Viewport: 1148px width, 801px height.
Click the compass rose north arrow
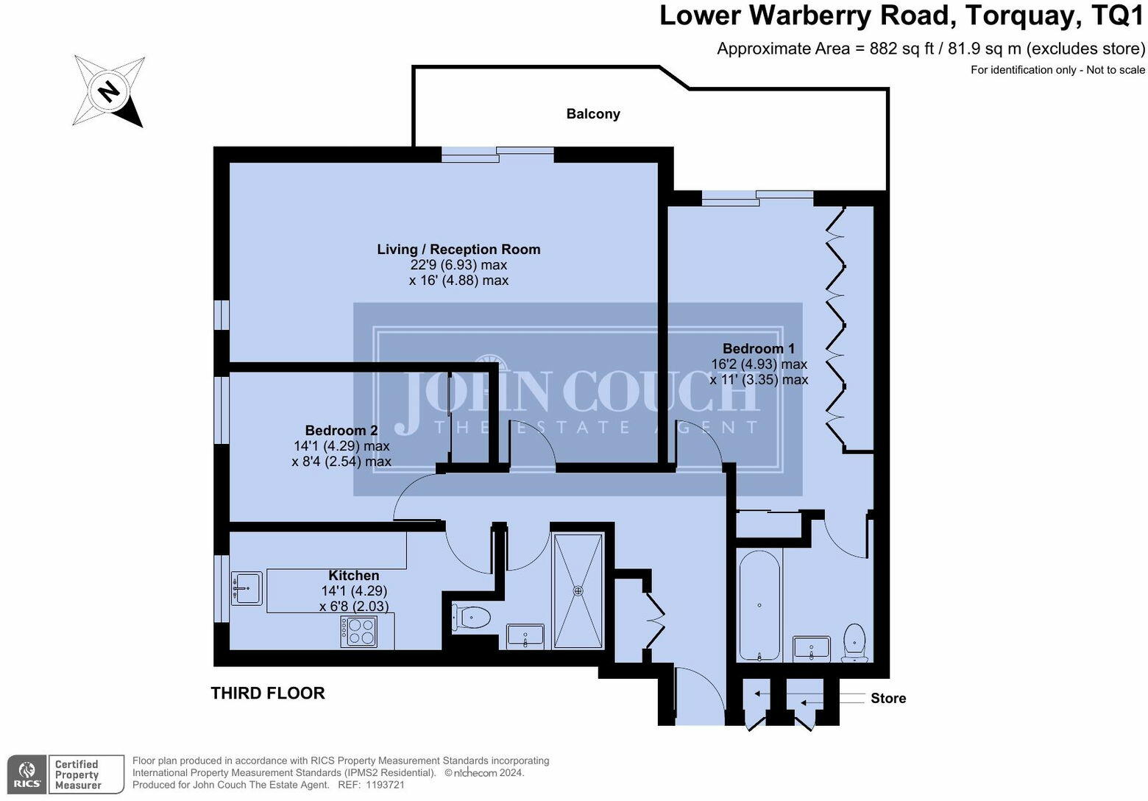coord(109,91)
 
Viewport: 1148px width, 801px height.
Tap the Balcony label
coord(593,114)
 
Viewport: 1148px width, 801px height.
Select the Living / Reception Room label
coord(458,250)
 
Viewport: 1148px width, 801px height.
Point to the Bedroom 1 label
coord(758,348)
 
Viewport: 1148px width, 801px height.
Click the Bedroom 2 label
coord(341,430)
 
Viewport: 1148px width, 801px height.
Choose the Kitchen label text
coord(354,576)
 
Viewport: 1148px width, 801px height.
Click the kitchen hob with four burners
coord(359,631)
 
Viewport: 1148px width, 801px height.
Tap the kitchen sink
coord(247,588)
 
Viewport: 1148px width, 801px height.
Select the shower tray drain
coord(578,590)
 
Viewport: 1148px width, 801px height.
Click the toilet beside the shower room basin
coord(472,617)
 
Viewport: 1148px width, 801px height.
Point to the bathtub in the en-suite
coord(759,606)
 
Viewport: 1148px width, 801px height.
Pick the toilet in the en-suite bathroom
coord(854,642)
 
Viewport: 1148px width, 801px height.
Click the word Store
coord(888,699)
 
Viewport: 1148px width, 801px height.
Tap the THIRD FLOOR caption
coord(268,693)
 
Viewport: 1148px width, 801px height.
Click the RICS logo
coord(26,774)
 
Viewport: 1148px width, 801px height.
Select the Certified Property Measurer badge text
coord(77,774)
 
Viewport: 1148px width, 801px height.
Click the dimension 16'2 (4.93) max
coord(759,364)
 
